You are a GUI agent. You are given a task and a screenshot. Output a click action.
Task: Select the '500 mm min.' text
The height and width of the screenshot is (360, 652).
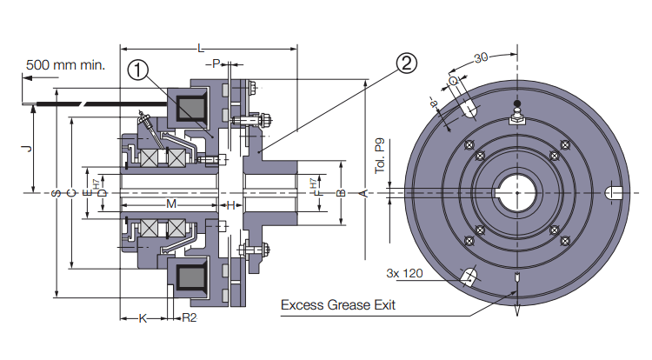[x=65, y=63]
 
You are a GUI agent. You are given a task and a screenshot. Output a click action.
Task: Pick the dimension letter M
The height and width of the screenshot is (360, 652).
[x=171, y=204]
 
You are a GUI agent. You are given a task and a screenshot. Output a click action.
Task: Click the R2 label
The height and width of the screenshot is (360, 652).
[x=189, y=318]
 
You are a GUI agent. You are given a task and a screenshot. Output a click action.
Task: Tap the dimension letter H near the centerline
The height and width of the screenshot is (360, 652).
[x=230, y=204]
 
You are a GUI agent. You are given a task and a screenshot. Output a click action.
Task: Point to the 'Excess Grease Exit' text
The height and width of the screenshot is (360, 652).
[x=338, y=305]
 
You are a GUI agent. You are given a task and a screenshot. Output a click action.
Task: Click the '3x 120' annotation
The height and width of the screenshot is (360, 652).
[x=404, y=272]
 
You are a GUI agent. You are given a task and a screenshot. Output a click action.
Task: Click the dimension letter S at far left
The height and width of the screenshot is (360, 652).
[x=57, y=192]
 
